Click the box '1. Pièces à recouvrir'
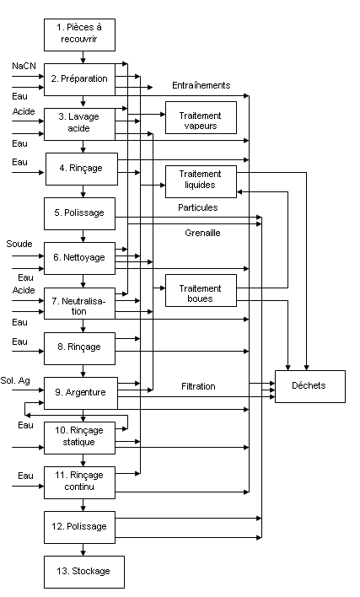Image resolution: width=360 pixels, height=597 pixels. point(79,35)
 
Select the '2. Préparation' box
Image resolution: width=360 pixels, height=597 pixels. point(79,79)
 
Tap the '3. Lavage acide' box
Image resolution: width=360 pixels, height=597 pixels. point(79,124)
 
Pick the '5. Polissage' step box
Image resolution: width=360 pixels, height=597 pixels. point(79,213)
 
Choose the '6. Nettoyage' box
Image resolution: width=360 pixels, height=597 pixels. point(79,258)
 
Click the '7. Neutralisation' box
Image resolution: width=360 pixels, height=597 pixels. point(79,303)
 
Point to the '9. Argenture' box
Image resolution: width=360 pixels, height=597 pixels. point(81,393)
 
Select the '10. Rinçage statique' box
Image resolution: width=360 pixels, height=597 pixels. point(79,438)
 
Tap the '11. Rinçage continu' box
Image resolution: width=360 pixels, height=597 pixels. point(79,482)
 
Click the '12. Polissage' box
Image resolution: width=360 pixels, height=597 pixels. point(79,527)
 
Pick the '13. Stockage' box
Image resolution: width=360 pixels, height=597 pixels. point(84,572)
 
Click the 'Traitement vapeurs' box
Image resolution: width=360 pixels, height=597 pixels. point(201,118)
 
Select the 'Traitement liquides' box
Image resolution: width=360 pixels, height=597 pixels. point(201,181)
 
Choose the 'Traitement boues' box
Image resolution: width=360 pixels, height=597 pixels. point(201,291)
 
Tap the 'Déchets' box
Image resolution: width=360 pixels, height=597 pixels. point(310,386)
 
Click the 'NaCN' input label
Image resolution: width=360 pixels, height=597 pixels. point(24,67)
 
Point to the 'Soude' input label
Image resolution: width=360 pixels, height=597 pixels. point(19,244)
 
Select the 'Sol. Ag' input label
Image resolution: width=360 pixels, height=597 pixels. point(15,381)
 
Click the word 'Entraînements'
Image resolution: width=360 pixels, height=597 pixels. point(201,85)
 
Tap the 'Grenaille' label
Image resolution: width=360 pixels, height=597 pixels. point(202,233)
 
